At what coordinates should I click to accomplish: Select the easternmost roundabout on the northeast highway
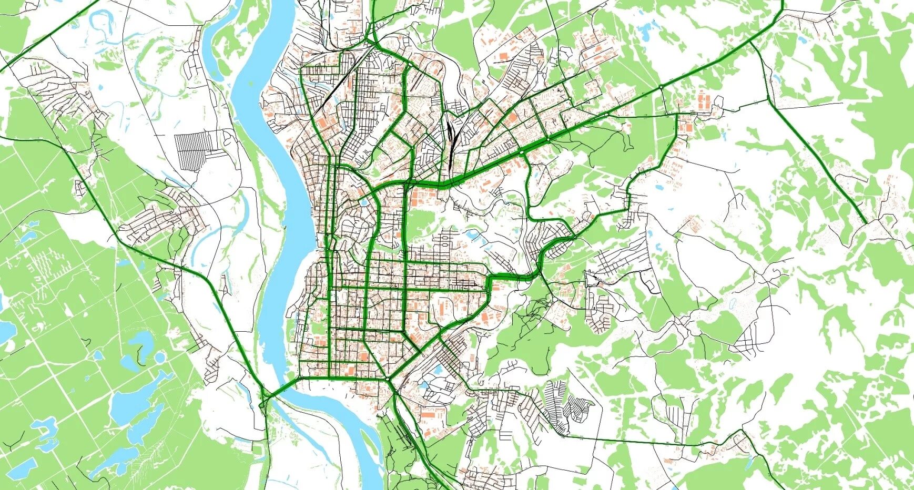[661, 86]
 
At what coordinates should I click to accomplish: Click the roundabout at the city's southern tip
[388, 378]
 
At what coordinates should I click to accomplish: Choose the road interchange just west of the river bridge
[265, 397]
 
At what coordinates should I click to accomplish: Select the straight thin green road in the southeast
[631, 440]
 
